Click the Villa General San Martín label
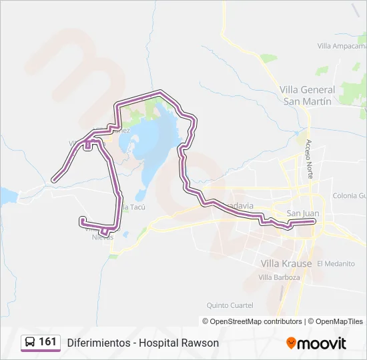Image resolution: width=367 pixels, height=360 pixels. coord(307,95)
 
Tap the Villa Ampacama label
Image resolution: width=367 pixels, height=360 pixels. coord(342,46)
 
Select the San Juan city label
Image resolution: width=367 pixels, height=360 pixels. coord(302,213)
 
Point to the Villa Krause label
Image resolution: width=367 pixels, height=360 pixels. coord(286,263)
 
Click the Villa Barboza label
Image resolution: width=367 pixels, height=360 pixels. coord(280,277)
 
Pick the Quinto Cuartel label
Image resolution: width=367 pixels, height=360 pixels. coord(230,305)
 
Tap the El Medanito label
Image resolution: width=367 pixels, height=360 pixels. coord(336,263)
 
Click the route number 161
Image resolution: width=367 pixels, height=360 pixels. coord(47,342)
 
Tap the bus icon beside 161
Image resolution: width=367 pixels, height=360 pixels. coord(30,343)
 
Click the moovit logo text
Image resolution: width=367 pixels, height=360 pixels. coord(322,343)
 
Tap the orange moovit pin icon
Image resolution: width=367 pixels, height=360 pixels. coord(291,343)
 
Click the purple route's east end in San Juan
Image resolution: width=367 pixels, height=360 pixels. coord(313,221)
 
